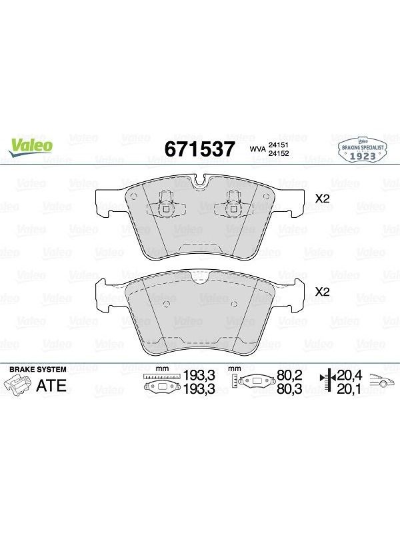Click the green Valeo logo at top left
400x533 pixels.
pyautogui.click(x=31, y=147)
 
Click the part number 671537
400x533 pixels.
pyautogui.click(x=199, y=149)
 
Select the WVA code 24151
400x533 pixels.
pyautogui.click(x=279, y=145)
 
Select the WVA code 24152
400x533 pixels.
pyautogui.click(x=279, y=153)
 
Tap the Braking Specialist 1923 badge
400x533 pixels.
pyautogui.click(x=362, y=150)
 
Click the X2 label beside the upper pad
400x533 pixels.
pyautogui.click(x=323, y=199)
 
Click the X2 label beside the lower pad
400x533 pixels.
pyautogui.click(x=323, y=292)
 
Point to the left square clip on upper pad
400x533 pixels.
pyautogui.click(x=166, y=209)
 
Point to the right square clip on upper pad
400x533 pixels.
pyautogui.click(x=233, y=209)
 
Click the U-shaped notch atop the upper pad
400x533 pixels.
pyautogui.click(x=199, y=181)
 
